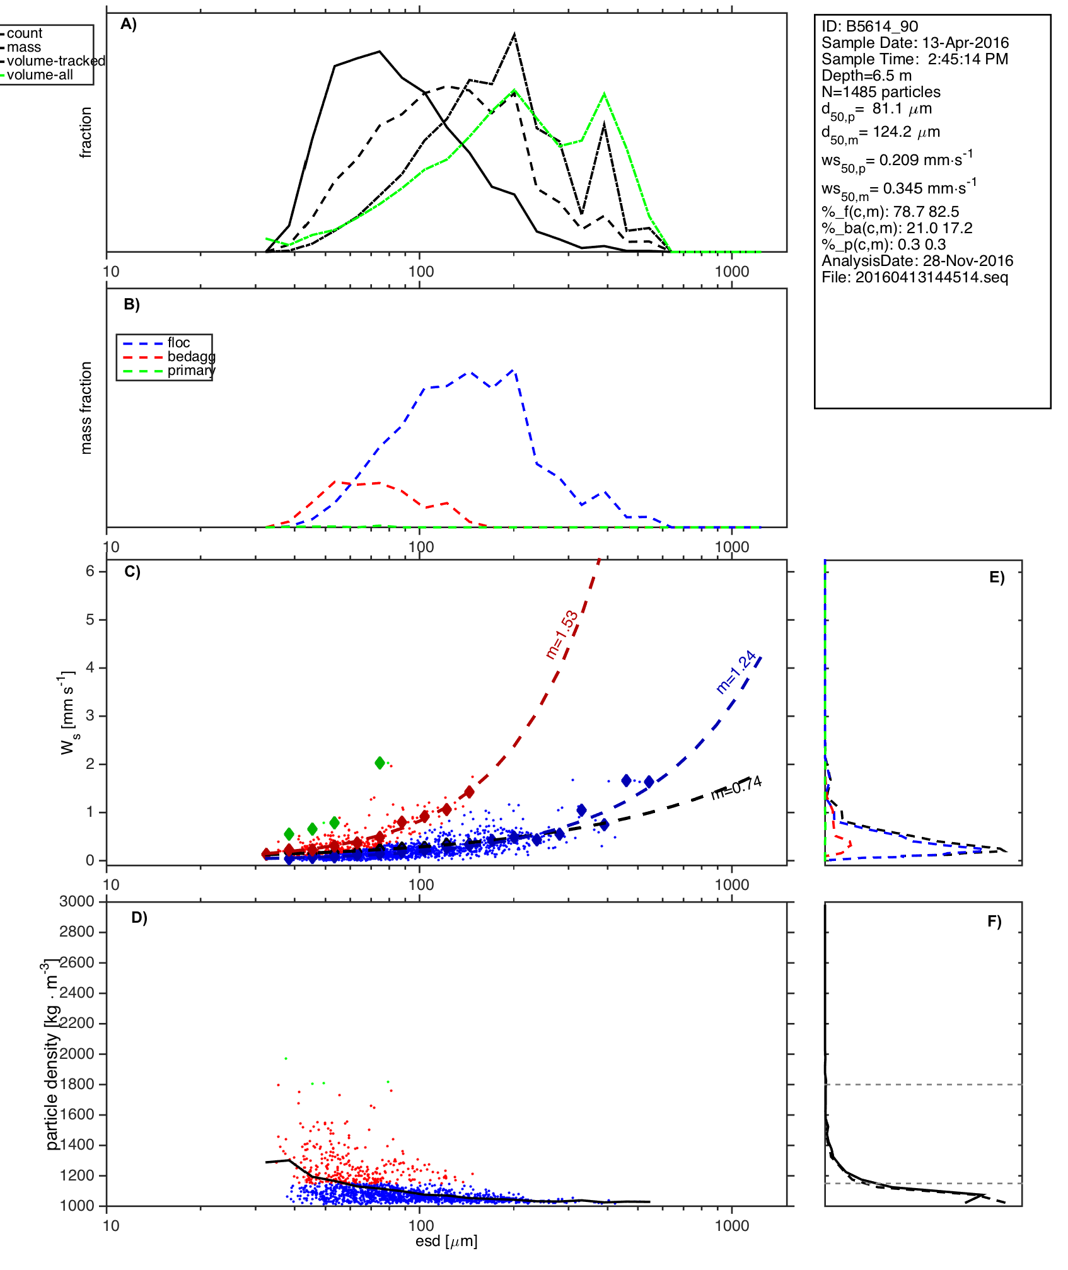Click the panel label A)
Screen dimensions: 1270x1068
(x=129, y=25)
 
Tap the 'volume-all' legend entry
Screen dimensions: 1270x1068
(x=39, y=75)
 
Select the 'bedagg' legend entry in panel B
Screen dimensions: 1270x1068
(x=191, y=357)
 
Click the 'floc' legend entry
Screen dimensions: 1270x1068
(x=178, y=343)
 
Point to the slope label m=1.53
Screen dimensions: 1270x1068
(x=562, y=635)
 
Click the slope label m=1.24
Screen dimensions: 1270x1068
(x=736, y=672)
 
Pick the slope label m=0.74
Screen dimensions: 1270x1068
(x=736, y=787)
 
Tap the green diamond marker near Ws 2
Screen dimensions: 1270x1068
(x=380, y=763)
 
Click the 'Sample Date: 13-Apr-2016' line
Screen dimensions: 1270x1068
(x=915, y=43)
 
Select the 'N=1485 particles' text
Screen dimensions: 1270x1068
(x=881, y=92)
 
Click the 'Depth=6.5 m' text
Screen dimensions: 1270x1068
(x=866, y=76)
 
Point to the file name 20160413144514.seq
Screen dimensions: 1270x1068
(x=931, y=277)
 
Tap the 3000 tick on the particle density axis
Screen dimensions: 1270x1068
(x=77, y=901)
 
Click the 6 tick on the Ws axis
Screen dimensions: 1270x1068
(x=90, y=571)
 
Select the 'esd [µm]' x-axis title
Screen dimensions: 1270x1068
(x=446, y=1241)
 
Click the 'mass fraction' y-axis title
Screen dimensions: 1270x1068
(x=86, y=408)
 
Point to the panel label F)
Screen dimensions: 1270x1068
(x=994, y=921)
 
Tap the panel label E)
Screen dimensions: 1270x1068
(x=997, y=577)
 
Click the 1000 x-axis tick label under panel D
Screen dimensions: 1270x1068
(x=732, y=1225)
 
